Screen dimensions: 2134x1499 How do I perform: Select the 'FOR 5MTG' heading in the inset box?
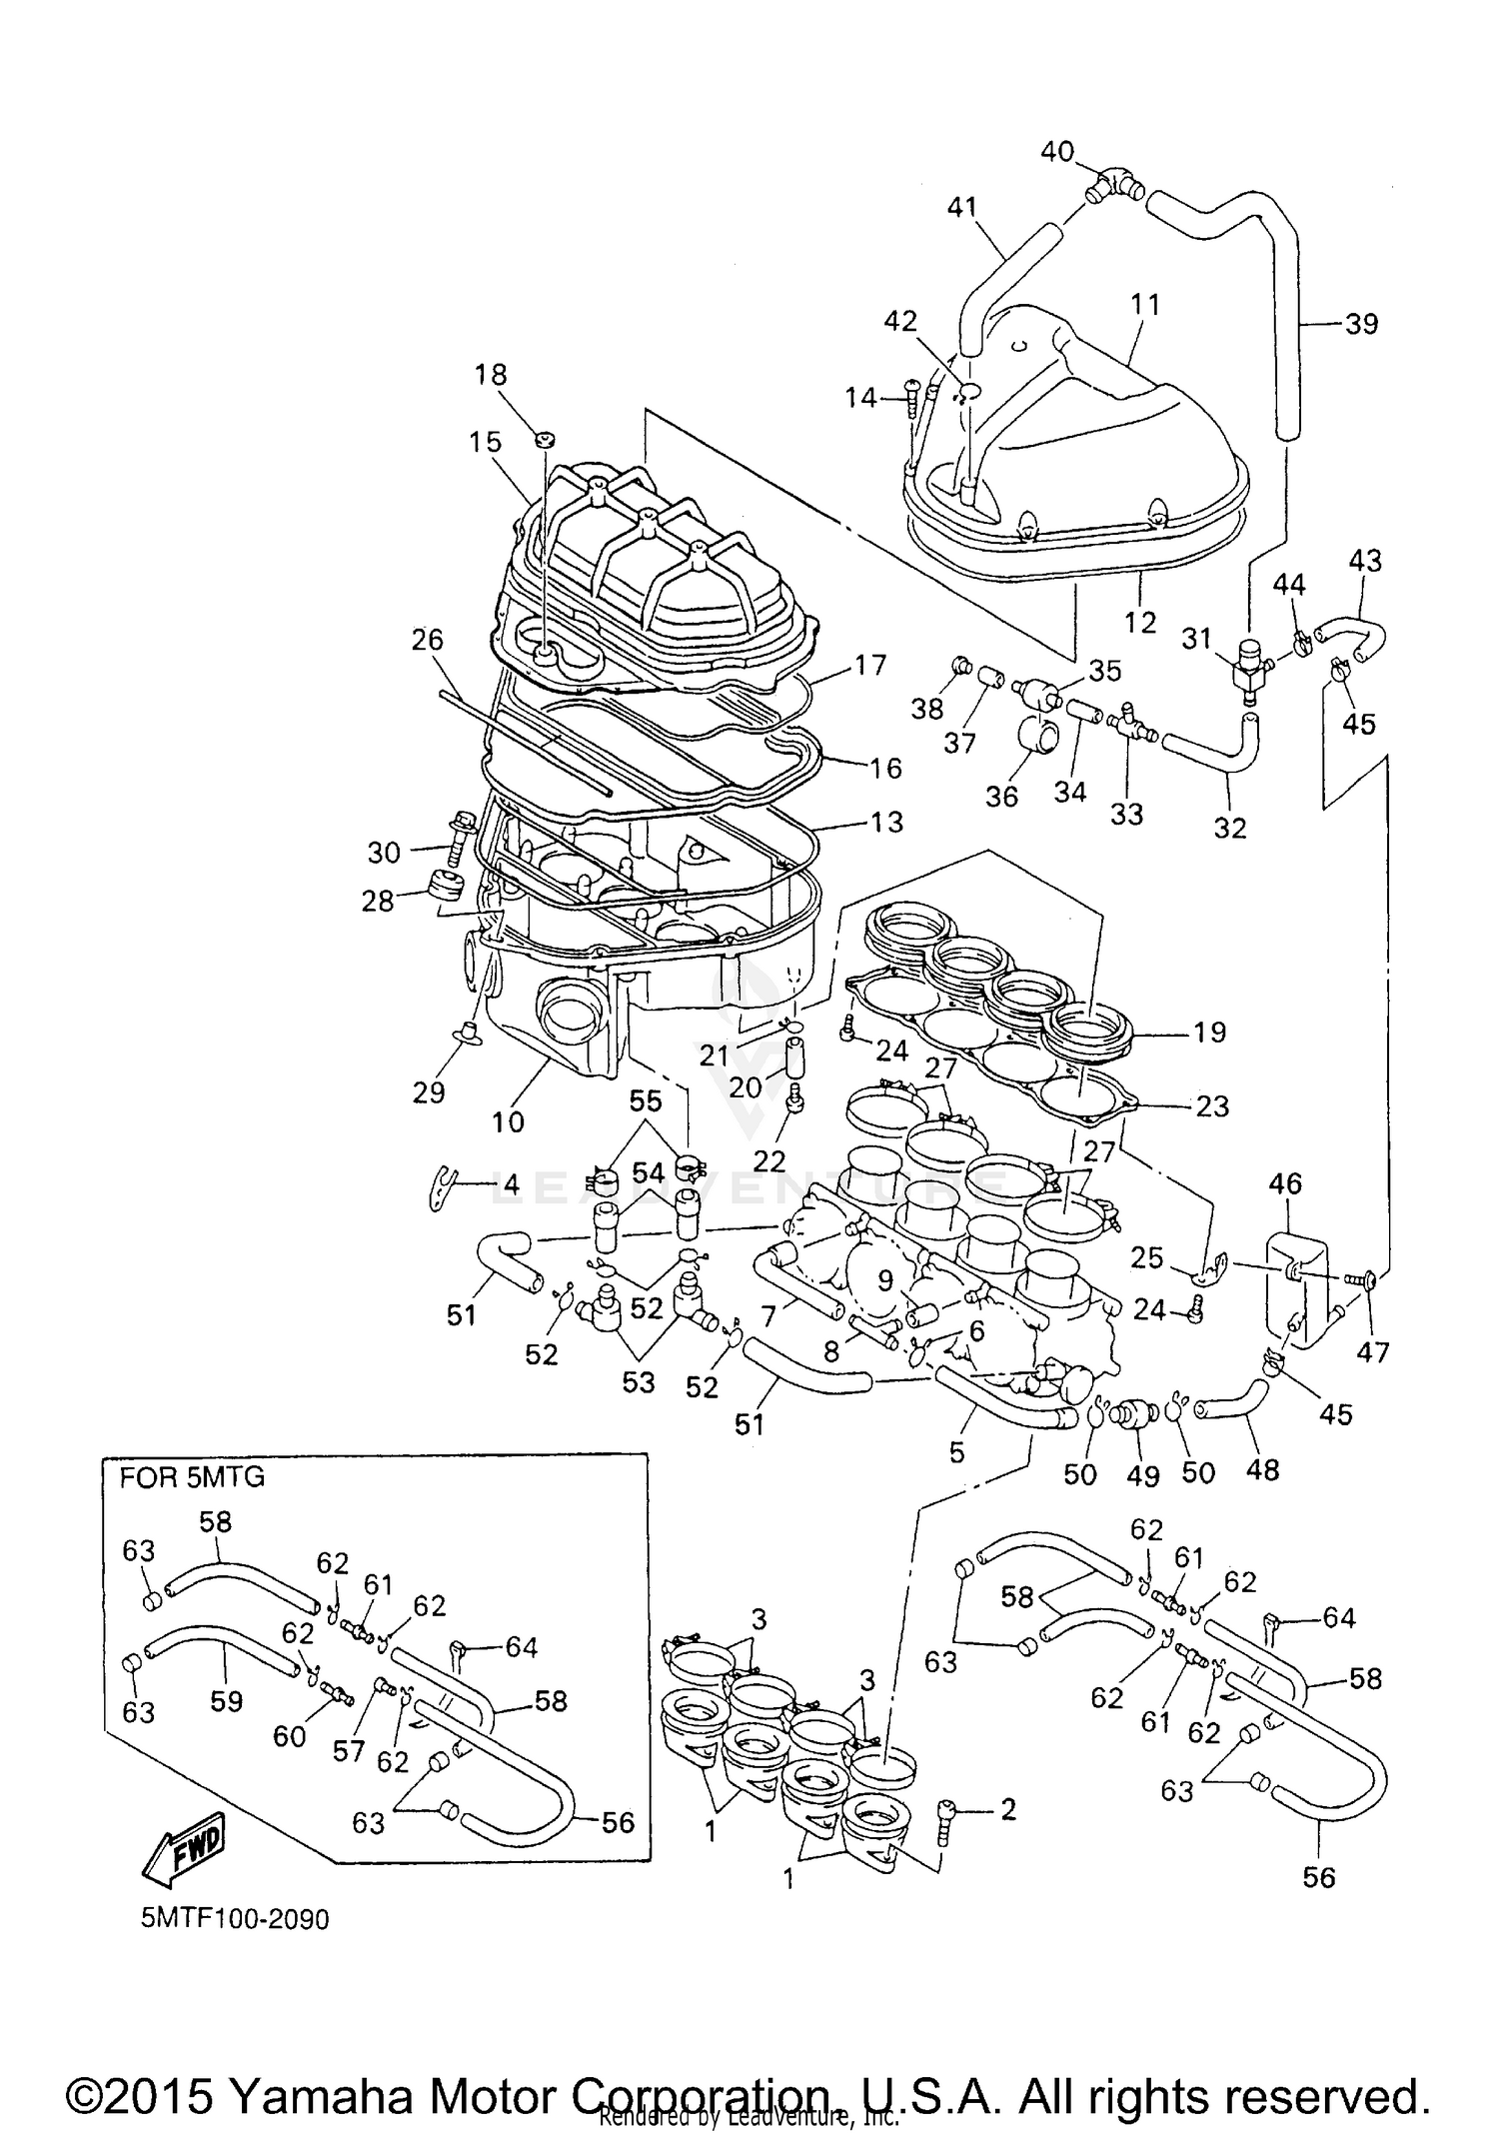192,1477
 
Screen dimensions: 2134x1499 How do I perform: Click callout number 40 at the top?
1057,152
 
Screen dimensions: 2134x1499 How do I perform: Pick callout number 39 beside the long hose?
1361,324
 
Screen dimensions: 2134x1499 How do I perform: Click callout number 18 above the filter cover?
491,375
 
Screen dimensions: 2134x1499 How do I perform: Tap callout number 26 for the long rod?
427,640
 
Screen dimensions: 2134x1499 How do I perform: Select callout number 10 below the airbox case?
508,1121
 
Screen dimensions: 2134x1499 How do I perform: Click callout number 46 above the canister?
1285,1183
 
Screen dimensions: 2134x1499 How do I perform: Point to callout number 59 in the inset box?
226,1701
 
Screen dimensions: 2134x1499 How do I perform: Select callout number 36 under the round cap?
1001,796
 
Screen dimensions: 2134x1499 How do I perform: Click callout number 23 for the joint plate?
1211,1105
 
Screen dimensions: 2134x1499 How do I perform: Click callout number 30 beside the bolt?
384,853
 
